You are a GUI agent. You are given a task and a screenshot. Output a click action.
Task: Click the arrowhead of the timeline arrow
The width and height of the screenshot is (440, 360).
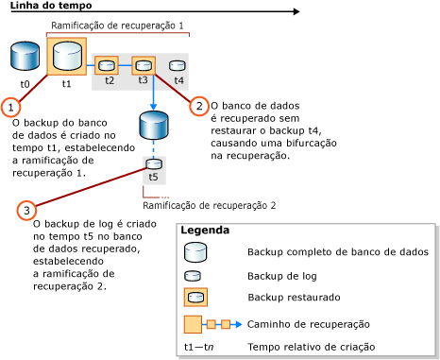pos(296,12)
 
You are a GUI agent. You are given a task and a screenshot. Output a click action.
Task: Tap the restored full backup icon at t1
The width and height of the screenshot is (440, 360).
pos(66,56)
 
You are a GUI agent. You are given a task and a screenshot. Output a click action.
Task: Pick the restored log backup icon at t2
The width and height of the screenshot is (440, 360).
pos(108,65)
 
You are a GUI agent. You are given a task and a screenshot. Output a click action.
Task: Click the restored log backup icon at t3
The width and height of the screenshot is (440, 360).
pos(143,65)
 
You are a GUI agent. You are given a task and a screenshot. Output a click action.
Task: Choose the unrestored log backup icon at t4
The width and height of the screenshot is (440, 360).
pos(178,66)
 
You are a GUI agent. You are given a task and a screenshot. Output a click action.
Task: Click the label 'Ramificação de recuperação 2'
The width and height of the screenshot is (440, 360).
pos(209,204)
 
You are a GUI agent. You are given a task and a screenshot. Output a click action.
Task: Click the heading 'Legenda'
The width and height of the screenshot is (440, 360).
pos(205,231)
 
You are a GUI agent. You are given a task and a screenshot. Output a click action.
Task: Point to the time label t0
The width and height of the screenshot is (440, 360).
pos(25,83)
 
